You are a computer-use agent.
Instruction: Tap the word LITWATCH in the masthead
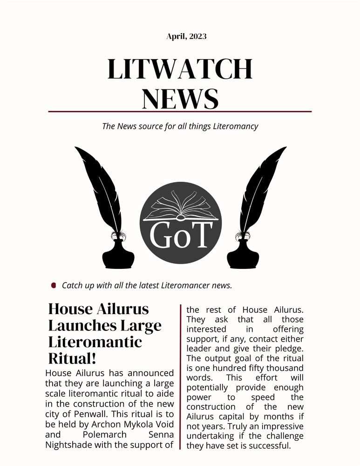click(180, 69)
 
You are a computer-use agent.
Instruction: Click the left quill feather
click(101, 186)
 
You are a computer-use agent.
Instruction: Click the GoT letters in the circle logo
click(180, 235)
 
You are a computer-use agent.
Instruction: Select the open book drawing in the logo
click(180, 208)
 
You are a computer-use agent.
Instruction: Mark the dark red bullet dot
click(54, 285)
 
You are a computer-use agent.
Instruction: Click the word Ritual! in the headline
click(71, 359)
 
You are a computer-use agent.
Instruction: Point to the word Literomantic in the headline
click(95, 342)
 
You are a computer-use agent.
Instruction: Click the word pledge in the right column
click(289, 349)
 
